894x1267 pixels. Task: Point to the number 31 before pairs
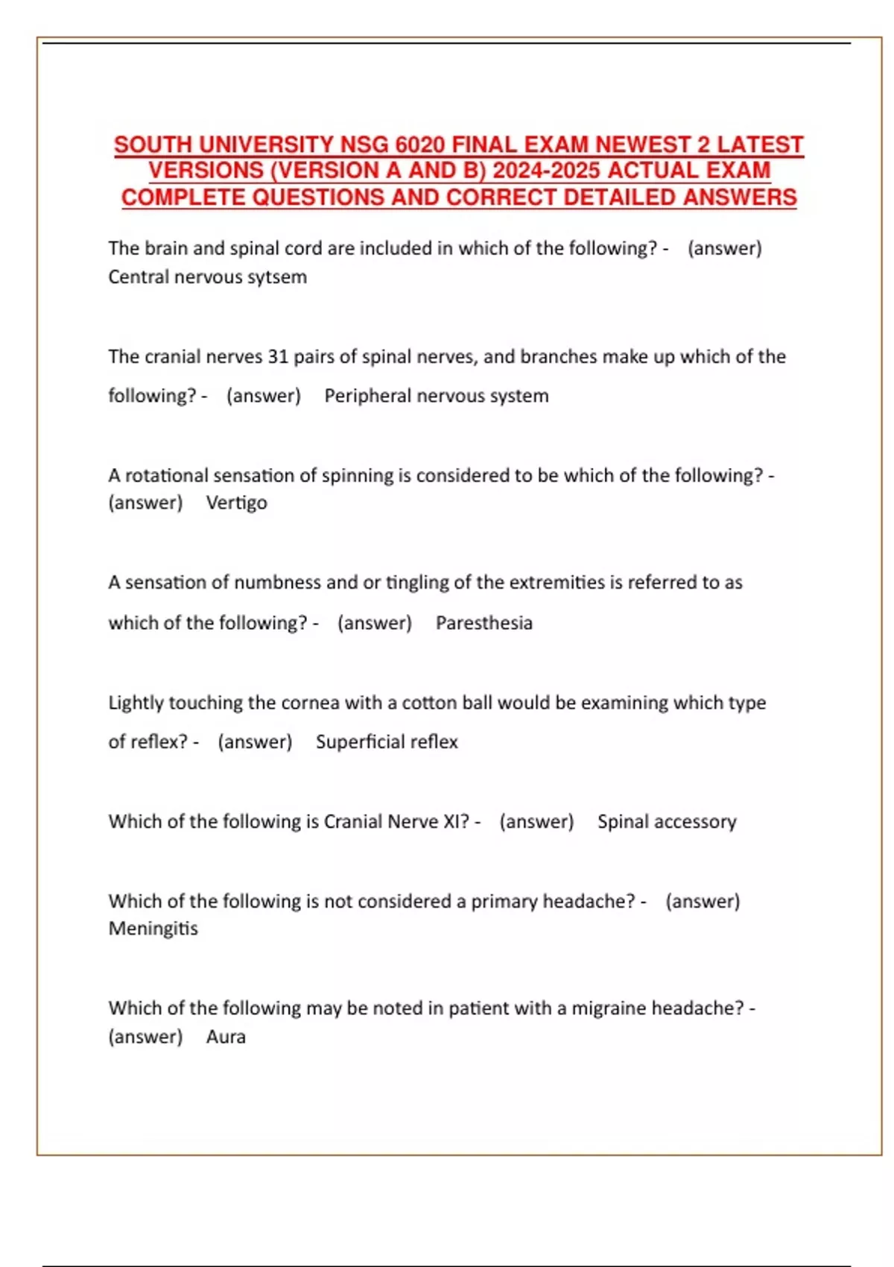[x=278, y=357]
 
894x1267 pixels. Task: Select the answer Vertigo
[x=236, y=503]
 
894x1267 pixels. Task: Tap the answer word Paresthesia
[x=484, y=623]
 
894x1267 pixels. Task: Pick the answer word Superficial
[x=354, y=742]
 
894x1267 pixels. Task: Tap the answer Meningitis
[x=153, y=929]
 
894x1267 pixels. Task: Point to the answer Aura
[x=226, y=1037]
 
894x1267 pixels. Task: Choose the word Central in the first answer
[x=138, y=277]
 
